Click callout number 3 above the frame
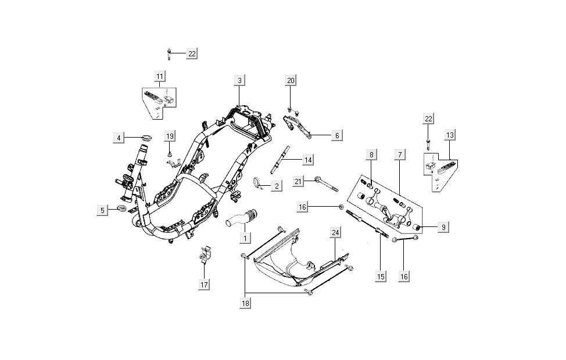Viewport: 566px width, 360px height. click(x=239, y=80)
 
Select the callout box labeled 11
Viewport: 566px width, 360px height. click(x=160, y=75)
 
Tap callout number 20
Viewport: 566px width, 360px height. click(x=291, y=80)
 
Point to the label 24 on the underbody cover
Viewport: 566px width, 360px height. click(x=335, y=233)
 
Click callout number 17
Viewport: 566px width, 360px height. click(x=204, y=285)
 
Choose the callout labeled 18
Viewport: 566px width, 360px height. click(x=246, y=303)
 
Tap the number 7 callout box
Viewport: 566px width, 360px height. click(x=399, y=154)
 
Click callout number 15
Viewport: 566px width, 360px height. click(x=381, y=277)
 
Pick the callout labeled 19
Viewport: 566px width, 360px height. click(x=169, y=136)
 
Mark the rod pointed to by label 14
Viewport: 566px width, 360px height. click(x=280, y=160)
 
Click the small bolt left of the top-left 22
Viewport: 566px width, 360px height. click(x=169, y=53)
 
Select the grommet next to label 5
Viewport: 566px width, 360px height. click(x=122, y=208)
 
